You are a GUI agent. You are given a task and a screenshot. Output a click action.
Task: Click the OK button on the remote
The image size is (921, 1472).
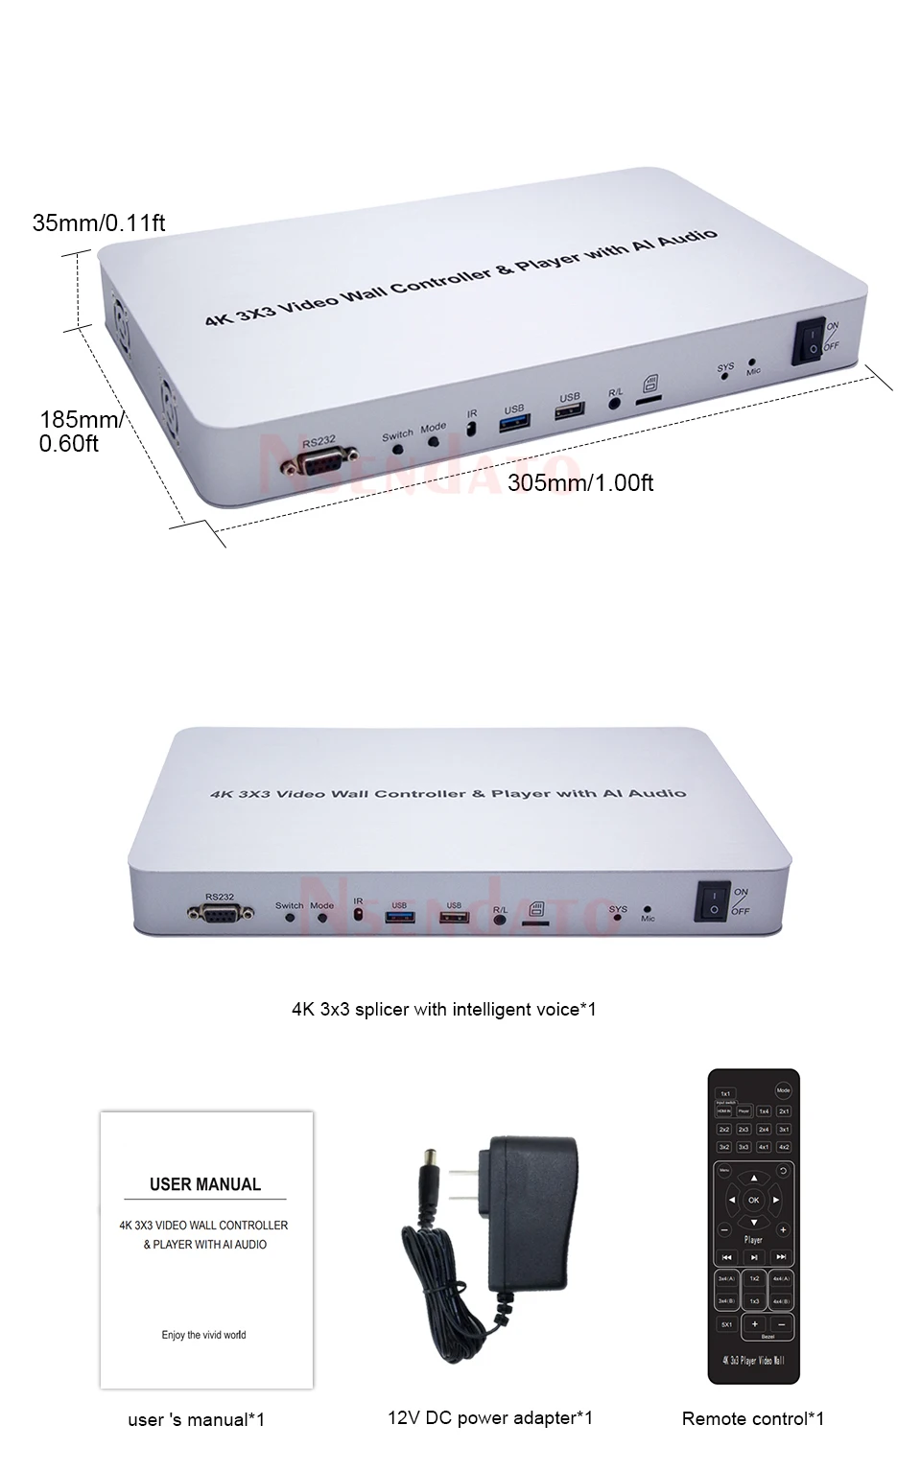coord(753,1200)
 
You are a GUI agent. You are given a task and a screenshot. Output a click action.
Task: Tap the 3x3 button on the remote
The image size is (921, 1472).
coord(744,1147)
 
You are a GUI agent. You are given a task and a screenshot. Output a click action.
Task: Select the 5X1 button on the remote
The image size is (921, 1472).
coord(725,1324)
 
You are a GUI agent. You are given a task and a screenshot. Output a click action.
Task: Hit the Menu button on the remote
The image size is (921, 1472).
coord(724,1171)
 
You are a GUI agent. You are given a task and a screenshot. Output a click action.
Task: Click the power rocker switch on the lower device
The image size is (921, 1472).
coord(712,900)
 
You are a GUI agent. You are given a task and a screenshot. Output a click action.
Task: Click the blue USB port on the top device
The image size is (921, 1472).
coord(513,422)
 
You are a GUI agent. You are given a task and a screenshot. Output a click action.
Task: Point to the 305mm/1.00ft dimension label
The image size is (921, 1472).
coord(580,482)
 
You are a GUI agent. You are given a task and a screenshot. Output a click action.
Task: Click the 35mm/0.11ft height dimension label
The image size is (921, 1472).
coord(99,223)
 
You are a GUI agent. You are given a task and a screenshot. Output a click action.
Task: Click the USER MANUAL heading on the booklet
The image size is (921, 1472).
coord(205,1184)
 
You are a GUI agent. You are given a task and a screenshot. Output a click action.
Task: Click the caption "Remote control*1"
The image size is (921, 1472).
coord(753,1418)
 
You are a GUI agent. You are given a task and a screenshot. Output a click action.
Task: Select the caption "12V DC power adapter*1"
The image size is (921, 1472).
coord(490,1417)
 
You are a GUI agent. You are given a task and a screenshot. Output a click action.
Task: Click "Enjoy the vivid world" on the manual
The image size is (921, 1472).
coord(203,1335)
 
